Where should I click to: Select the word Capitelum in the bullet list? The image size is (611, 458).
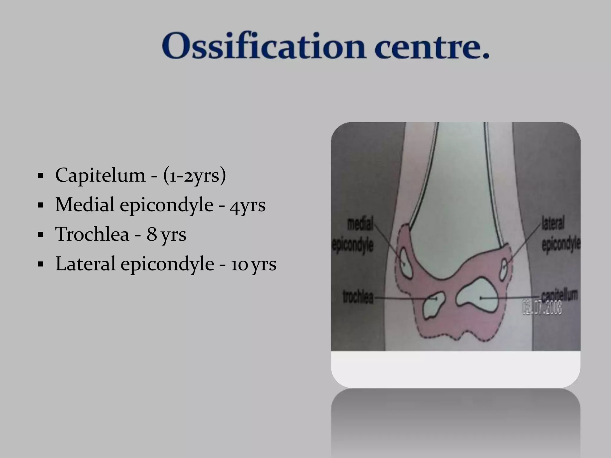pos(100,175)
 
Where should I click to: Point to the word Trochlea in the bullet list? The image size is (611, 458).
pos(92,234)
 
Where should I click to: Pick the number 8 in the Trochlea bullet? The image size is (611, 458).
pos(152,234)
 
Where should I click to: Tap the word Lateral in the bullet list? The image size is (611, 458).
pos(85,264)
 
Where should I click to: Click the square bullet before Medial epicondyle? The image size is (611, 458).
pos(41,205)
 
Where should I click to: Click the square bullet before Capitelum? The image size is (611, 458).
pos(41,176)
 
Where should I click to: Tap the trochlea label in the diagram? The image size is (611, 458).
pos(358,297)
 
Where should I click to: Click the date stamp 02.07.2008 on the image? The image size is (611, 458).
pos(541,308)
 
